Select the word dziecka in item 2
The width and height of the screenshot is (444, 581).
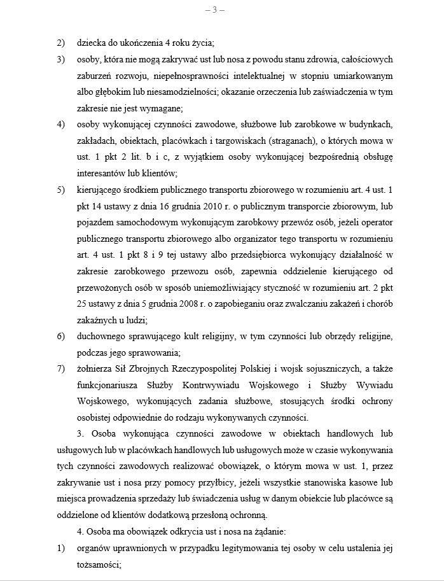point(90,43)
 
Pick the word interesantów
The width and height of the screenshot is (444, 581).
point(102,172)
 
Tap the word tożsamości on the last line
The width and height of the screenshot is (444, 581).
point(97,563)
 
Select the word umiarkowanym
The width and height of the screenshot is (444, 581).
point(363,76)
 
